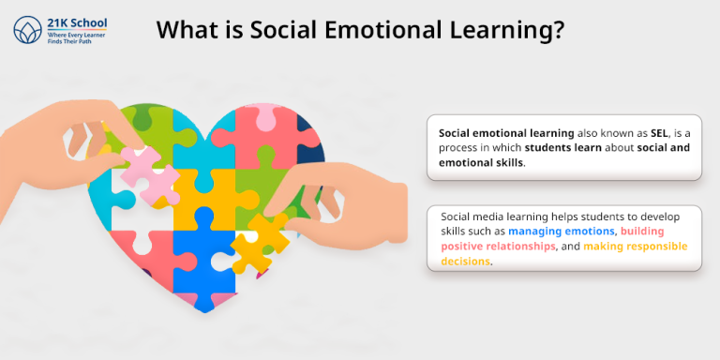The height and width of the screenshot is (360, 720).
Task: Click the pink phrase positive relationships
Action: click(x=507, y=247)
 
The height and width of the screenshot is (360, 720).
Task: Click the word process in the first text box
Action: click(x=459, y=148)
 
